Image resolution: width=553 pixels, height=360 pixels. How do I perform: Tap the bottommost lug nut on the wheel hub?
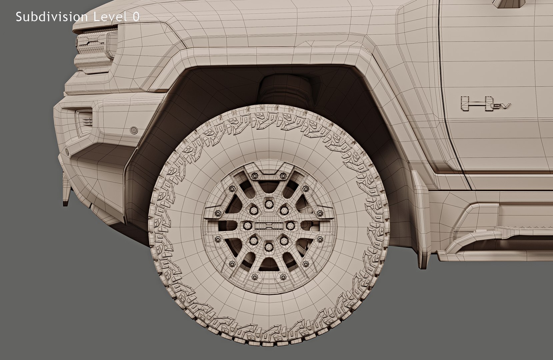coord(269,247)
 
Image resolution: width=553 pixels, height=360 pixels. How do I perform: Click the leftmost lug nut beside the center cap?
coord(248,226)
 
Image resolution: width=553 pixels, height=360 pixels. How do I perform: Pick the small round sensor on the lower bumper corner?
coord(67,151)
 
